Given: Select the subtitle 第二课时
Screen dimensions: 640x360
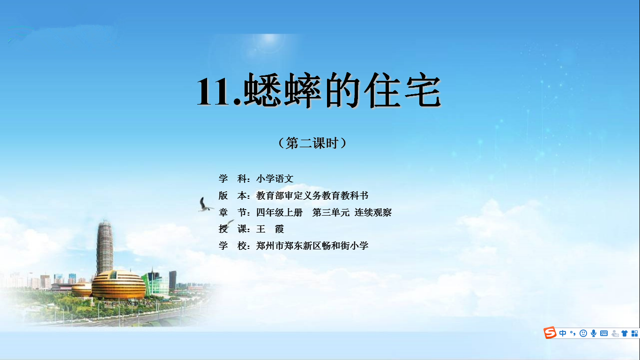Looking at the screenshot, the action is pos(312,143).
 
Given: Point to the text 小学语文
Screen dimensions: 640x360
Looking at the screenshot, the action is pos(275,179).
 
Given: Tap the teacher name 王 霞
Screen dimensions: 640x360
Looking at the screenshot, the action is pos(270,229).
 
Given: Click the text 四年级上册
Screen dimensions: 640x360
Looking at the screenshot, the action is pos(279,212).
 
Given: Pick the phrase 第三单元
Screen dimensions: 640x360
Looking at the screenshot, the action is pos(331,212).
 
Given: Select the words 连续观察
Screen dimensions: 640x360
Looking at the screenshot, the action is pos(373,212).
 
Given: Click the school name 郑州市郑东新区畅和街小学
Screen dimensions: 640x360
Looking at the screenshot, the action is pos(313,246).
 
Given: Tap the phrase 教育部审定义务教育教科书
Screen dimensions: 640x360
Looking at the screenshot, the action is pos(313,195).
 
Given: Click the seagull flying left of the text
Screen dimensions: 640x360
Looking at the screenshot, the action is pos(205,205).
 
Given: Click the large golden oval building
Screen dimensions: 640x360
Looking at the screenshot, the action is pos(119,284).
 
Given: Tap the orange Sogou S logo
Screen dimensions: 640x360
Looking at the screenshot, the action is pos(550,332).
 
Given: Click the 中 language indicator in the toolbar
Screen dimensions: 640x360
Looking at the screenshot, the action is pos(563,333).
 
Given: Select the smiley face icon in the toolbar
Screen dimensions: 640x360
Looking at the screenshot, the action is pos(583,333).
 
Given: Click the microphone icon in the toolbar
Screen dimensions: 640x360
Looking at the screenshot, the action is pos(594,333).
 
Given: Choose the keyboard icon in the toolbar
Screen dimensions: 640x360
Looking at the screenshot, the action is pos(604,333).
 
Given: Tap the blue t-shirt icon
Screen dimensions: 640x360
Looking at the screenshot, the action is pos(624,333).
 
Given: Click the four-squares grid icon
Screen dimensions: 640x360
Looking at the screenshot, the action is pos(634,333).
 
